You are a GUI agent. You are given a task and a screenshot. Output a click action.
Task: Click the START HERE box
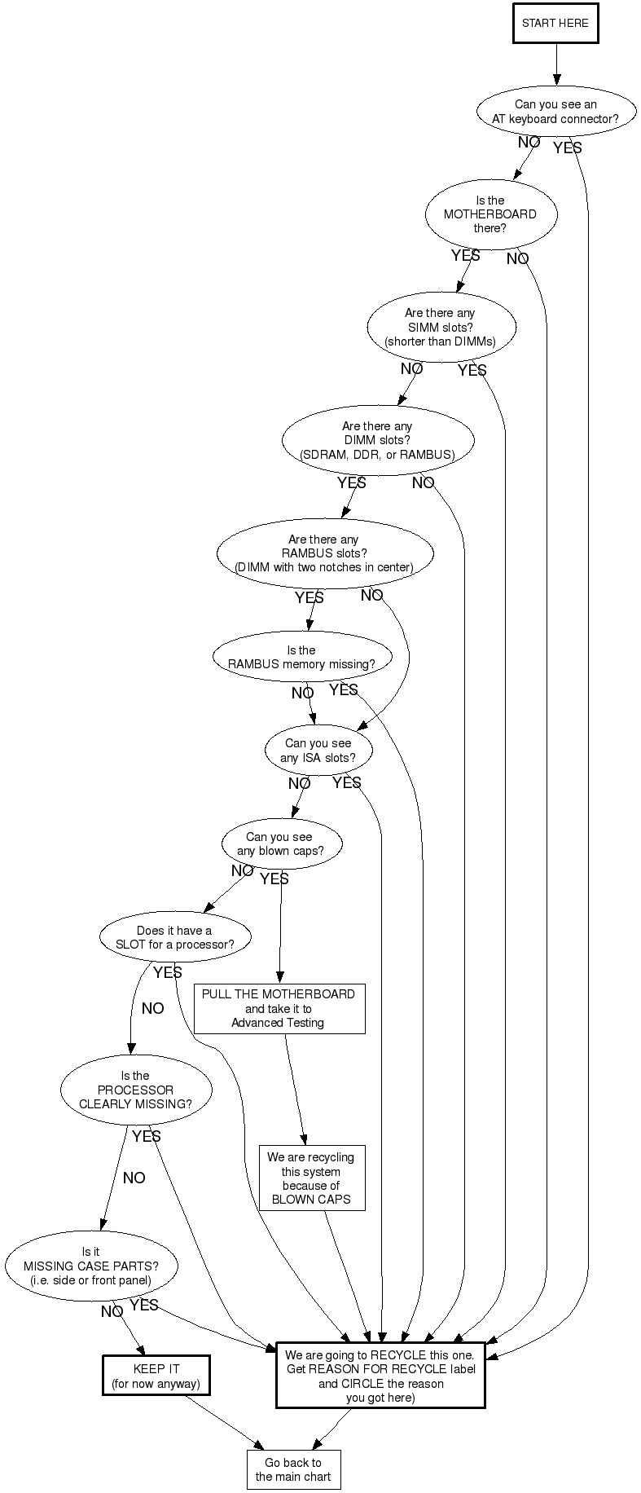555,24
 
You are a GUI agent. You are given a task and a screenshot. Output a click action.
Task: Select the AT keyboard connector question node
555,112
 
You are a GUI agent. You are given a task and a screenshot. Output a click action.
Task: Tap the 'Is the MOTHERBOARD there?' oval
490,214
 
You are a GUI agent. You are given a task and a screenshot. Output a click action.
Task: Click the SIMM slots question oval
440,327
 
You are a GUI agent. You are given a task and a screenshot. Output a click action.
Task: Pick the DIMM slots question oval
377,440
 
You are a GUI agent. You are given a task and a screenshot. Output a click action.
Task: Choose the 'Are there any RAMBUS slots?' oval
323,553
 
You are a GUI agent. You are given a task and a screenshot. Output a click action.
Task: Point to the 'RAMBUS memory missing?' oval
301,657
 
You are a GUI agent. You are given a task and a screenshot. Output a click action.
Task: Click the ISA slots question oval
318,751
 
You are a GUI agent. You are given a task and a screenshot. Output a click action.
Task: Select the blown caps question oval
279,844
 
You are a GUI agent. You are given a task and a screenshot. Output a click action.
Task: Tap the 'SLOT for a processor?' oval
174,938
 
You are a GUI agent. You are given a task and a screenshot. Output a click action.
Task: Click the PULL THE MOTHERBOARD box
279,1008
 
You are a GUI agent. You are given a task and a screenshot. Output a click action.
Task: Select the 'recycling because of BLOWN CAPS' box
311,1178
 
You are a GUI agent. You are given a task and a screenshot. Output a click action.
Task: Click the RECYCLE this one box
380,1374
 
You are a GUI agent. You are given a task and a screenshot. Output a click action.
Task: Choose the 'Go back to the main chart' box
293,1469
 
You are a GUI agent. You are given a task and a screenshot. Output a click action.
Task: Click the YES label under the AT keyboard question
568,148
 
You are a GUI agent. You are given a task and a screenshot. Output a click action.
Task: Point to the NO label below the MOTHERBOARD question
517,259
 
